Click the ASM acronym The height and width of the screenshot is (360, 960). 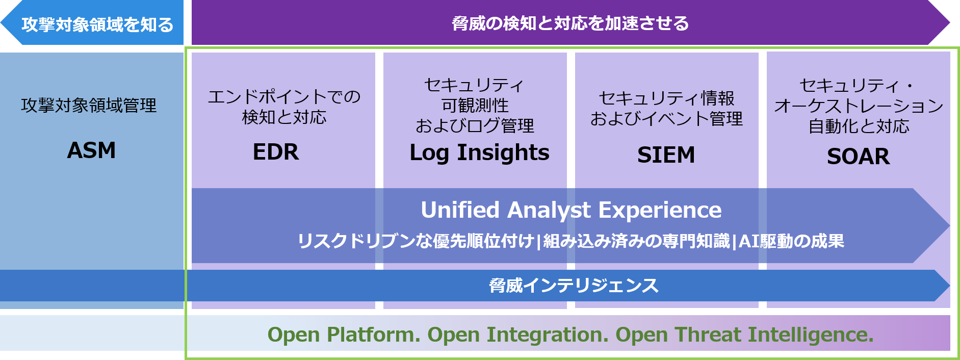click(92, 150)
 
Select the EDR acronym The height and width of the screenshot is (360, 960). click(276, 152)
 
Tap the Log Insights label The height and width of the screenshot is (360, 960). click(480, 153)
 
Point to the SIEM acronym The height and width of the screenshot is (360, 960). click(666, 155)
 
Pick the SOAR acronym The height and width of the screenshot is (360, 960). click(859, 156)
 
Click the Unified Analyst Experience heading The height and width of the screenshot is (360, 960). click(571, 210)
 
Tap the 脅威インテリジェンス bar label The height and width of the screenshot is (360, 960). click(574, 286)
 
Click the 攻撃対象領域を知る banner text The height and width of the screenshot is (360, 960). click(97, 24)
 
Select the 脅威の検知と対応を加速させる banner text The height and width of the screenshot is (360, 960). click(570, 23)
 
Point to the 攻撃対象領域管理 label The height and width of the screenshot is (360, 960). click(89, 106)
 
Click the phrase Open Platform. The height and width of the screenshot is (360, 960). click(344, 335)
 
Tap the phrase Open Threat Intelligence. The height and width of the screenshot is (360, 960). click(745, 335)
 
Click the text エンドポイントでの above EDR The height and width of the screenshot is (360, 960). click(284, 96)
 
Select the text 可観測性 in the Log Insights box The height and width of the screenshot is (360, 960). click(475, 106)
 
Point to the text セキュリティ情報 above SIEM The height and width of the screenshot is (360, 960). click(666, 98)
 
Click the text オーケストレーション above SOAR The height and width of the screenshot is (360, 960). click(859, 106)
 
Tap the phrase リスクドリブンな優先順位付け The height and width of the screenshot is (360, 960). click(416, 241)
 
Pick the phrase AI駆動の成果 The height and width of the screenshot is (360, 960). click(791, 241)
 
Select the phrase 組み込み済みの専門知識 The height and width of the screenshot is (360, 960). click(636, 241)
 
